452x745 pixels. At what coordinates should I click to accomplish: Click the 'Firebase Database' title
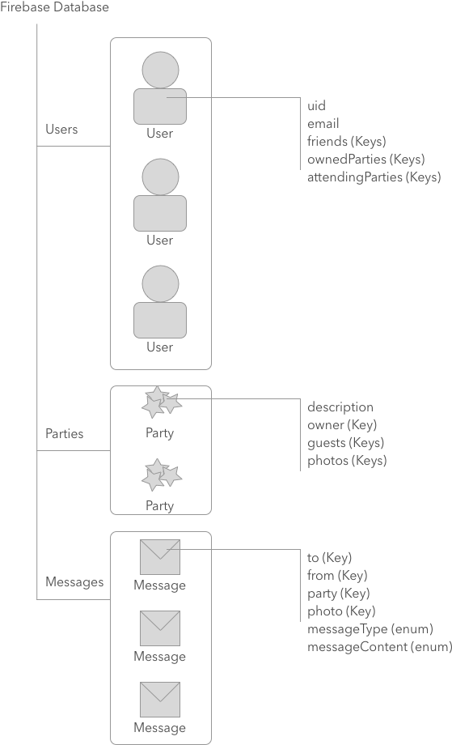coord(55,7)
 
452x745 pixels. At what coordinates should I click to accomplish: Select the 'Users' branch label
coord(61,130)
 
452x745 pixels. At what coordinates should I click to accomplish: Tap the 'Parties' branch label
coord(65,433)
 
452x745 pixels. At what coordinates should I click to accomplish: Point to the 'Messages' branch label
coord(74,582)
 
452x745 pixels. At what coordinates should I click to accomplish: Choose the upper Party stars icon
coord(161,402)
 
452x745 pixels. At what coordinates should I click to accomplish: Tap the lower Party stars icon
coord(161,475)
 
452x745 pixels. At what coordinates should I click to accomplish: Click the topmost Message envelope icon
coord(160,557)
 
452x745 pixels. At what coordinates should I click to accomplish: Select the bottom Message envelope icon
coord(160,700)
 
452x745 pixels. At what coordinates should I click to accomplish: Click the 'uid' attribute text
coord(316,106)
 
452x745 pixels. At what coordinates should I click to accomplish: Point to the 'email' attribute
coord(323,124)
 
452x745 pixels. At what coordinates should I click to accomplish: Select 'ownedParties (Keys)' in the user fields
coord(365,159)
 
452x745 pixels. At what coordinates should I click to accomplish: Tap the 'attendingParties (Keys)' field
coord(374,177)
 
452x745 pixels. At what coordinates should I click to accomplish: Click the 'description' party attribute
coord(340,407)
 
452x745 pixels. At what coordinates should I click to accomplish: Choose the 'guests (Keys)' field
coord(345,443)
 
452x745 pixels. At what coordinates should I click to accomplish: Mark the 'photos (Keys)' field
coord(347,461)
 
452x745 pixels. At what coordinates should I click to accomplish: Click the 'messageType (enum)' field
coord(370,629)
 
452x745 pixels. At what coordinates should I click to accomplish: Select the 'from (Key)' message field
coord(337,576)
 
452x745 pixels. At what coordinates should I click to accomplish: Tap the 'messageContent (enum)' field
coord(378,647)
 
